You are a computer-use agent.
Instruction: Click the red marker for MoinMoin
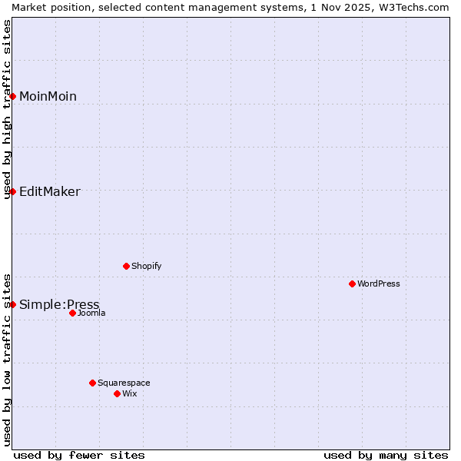point(13,96)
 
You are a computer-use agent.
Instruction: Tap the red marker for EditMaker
point(13,191)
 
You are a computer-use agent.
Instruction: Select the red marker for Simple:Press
point(13,304)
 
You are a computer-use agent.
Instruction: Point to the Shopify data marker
point(126,266)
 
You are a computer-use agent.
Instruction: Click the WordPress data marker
point(352,284)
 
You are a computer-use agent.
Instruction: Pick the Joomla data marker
point(72,313)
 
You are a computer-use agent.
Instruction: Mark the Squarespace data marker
point(92,383)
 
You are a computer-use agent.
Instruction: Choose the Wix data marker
point(117,393)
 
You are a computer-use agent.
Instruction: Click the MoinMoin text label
point(48,96)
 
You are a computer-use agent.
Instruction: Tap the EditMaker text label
point(49,191)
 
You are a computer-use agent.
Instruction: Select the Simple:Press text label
point(59,304)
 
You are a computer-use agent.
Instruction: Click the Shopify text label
point(146,266)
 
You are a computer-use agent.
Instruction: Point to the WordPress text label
point(379,284)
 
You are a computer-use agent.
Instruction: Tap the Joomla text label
point(91,313)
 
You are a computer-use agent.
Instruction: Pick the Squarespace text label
point(124,383)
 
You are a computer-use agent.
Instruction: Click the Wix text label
point(130,393)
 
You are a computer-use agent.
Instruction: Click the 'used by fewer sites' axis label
point(79,455)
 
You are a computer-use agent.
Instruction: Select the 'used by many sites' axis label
point(386,455)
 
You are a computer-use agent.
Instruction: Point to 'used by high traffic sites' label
point(7,109)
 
